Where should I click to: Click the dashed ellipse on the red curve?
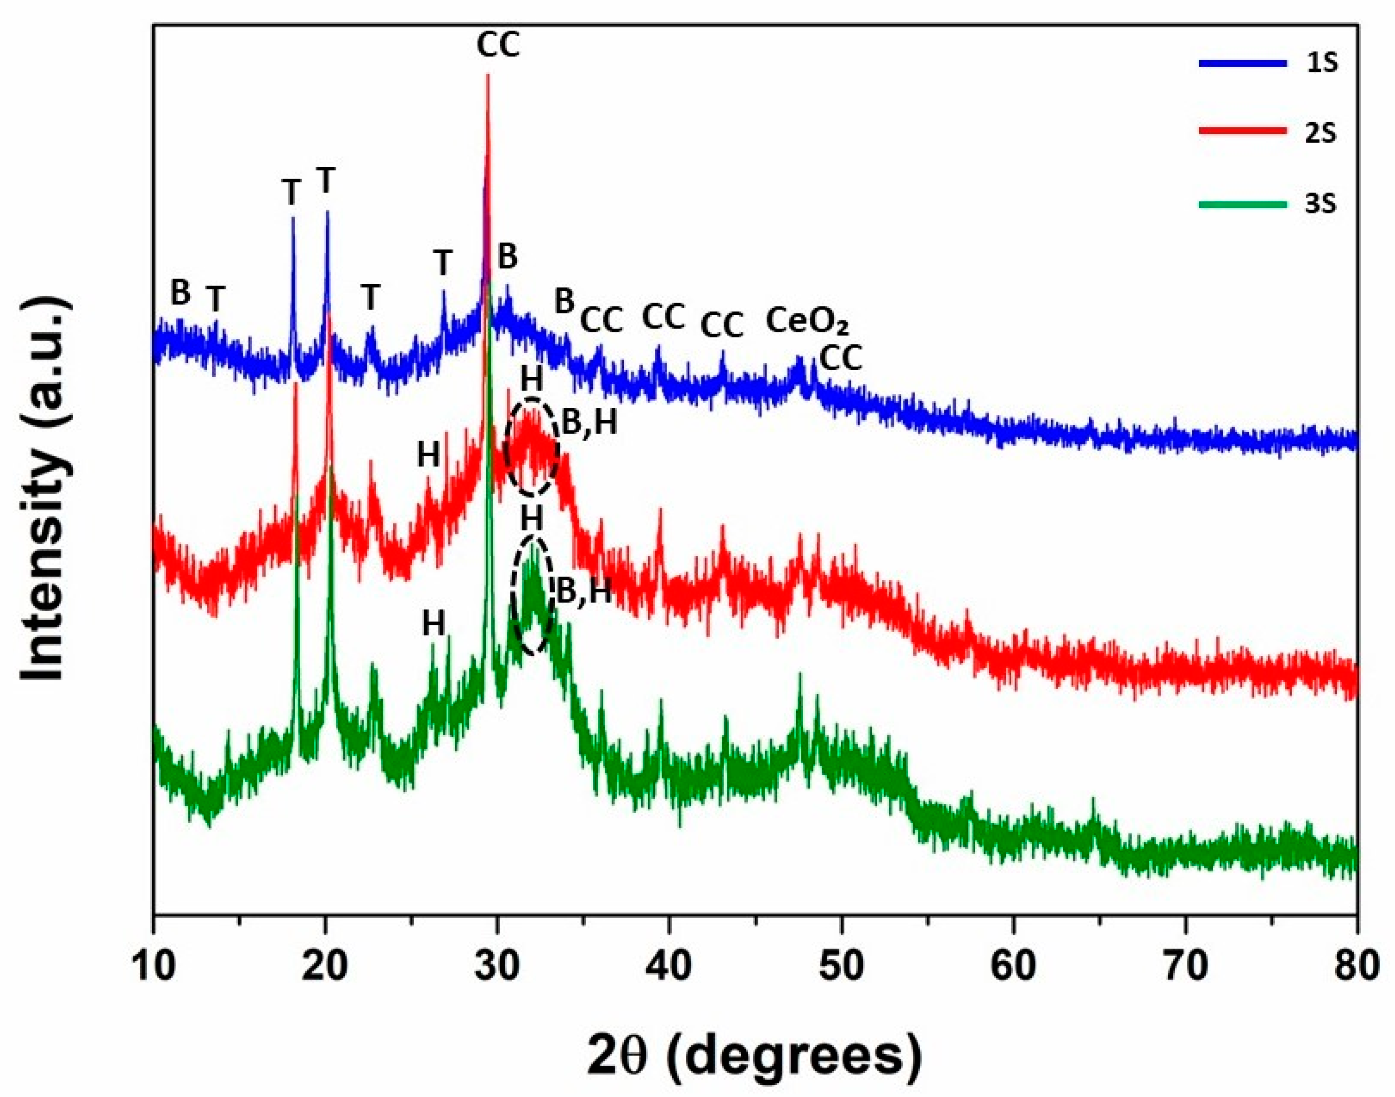pos(531,446)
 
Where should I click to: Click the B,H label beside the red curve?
pos(589,423)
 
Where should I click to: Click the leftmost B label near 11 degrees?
pos(180,294)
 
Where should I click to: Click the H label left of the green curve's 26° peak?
pos(434,622)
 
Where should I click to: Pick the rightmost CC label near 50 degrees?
pos(840,359)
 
